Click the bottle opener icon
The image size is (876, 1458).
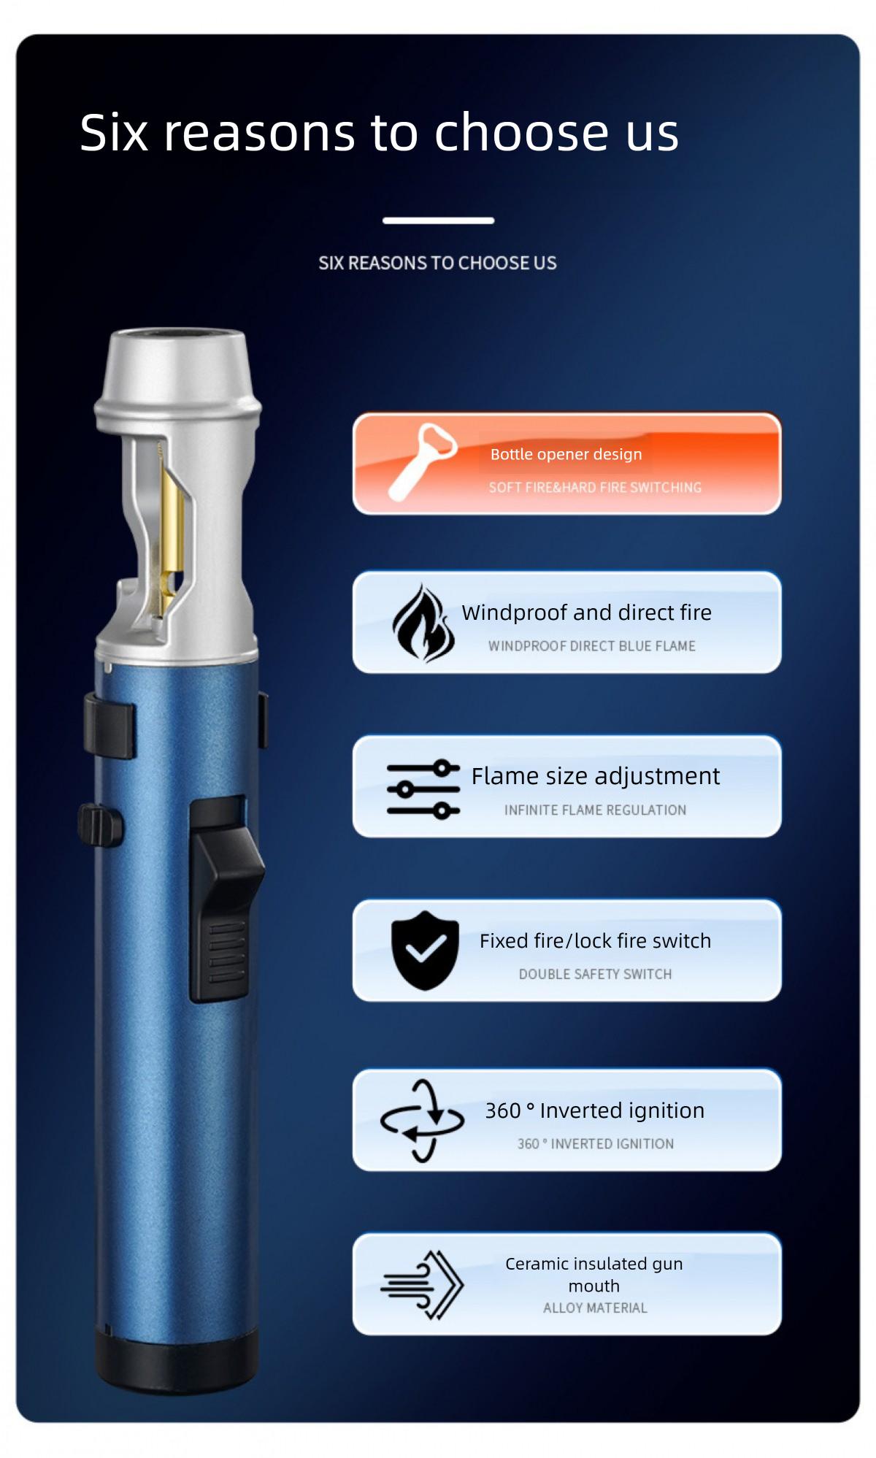pyautogui.click(x=421, y=461)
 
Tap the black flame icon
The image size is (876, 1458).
pyautogui.click(x=422, y=623)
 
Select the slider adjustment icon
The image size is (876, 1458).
pyautogui.click(x=423, y=789)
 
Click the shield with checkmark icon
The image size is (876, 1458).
pyautogui.click(x=425, y=950)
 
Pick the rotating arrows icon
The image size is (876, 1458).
pyautogui.click(x=422, y=1121)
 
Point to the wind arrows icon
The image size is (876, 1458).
pyautogui.click(x=423, y=1285)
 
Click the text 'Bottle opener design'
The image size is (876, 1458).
pyautogui.click(x=566, y=454)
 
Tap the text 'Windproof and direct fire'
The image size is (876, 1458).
pyautogui.click(x=586, y=613)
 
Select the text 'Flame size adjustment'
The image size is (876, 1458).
pyautogui.click(x=595, y=775)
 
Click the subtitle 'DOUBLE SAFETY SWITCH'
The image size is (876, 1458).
pyautogui.click(x=595, y=974)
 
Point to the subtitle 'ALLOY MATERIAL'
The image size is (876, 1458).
pyautogui.click(x=595, y=1308)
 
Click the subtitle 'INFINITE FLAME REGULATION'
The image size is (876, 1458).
pyautogui.click(x=595, y=810)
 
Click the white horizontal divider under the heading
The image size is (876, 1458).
pyautogui.click(x=438, y=220)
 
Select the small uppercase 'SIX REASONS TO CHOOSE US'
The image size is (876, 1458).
pyautogui.click(x=437, y=263)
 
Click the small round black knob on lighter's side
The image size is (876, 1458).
pyautogui.click(x=99, y=825)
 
